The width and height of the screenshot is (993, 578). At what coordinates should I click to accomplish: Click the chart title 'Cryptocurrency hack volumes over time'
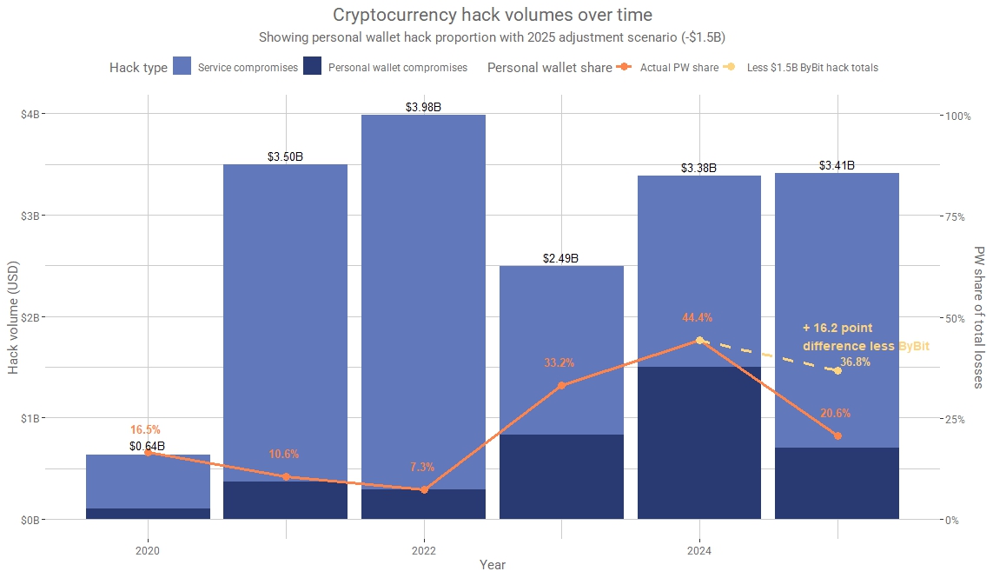[492, 15]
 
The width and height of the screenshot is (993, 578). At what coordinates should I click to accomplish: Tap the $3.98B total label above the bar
[423, 108]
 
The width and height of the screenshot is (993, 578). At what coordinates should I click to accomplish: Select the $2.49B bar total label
[561, 259]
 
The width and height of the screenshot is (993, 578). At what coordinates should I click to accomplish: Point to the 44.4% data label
[700, 318]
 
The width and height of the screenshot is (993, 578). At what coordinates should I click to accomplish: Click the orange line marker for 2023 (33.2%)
[561, 385]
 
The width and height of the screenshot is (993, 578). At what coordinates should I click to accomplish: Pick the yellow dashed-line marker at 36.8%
[837, 371]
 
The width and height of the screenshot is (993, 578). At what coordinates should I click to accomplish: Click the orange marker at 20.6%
[837, 435]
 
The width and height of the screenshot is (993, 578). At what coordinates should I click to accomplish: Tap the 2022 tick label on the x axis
[423, 551]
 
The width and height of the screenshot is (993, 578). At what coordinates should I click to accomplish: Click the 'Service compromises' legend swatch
[182, 66]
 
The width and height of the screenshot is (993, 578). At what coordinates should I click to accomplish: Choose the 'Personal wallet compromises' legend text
[397, 68]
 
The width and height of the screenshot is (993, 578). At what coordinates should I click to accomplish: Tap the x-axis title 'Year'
[492, 565]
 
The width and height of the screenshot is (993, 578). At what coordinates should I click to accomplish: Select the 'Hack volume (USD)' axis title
[13, 316]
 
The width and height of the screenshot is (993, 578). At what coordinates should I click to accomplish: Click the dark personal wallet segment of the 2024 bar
[699, 443]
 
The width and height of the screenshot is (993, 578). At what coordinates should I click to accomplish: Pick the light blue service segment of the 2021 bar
[285, 322]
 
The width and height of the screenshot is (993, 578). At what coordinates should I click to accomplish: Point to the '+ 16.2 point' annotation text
[837, 329]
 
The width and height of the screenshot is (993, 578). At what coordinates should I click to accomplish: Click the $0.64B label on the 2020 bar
[147, 447]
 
